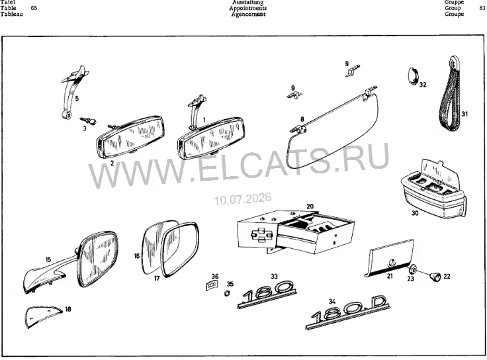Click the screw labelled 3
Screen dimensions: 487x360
tap(88, 120)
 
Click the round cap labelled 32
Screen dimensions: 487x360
tap(413, 75)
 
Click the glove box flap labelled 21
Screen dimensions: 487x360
tap(390, 258)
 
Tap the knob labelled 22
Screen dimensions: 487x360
tap(435, 276)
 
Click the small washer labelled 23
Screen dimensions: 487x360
tap(412, 269)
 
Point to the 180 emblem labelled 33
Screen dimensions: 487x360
tap(267, 294)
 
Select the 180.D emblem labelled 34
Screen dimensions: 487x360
tap(347, 313)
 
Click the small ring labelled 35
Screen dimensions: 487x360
tap(227, 293)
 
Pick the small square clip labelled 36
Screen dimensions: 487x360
tap(212, 285)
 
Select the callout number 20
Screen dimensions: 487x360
tap(310, 206)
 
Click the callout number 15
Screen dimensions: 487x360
tap(48, 259)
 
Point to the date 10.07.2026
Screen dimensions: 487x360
tap(243, 199)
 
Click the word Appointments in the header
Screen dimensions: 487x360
tap(248, 8)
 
